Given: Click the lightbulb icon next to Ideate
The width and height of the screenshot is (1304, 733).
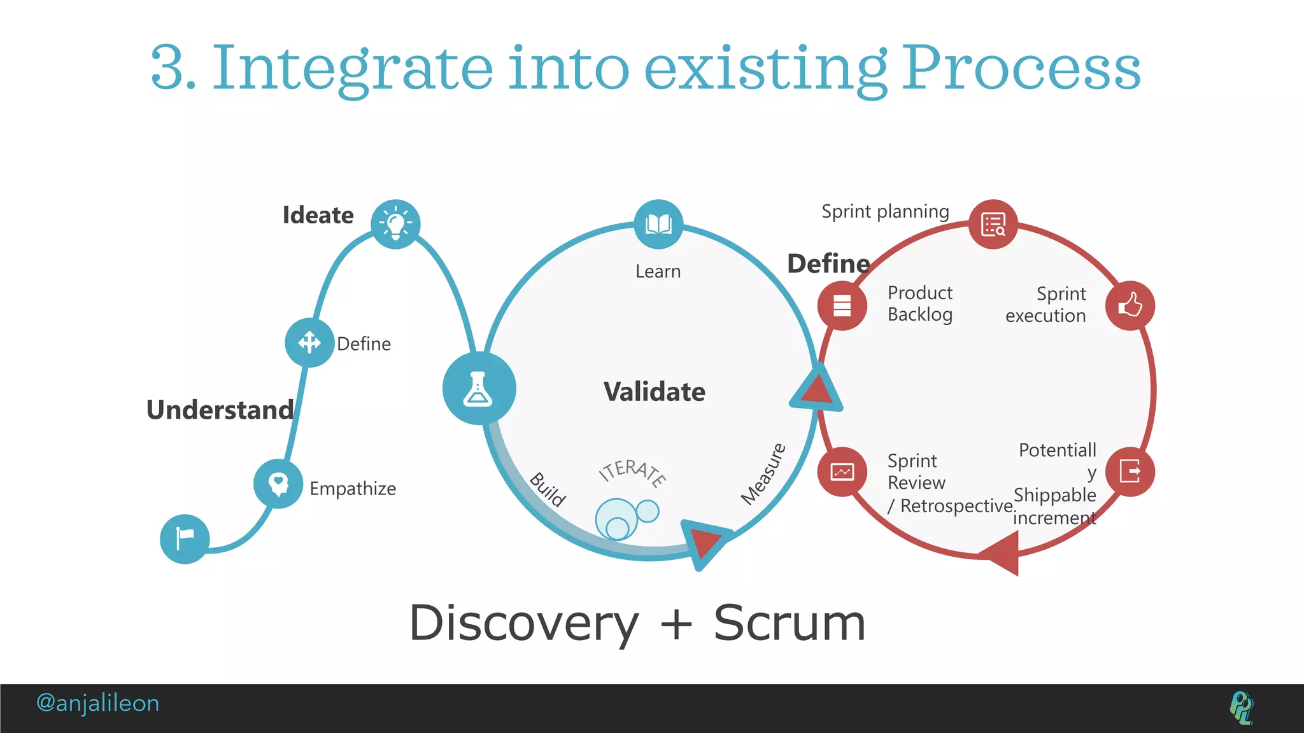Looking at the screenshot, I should click(x=395, y=224).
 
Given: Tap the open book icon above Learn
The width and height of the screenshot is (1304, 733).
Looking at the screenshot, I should click(x=658, y=224).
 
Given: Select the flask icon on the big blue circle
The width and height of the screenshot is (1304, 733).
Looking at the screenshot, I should click(x=479, y=389).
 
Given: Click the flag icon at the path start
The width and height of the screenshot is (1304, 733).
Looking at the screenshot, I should click(x=185, y=539).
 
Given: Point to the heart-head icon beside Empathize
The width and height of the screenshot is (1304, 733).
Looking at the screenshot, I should click(x=278, y=484).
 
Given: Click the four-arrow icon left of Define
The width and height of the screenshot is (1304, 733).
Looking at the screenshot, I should click(x=309, y=342).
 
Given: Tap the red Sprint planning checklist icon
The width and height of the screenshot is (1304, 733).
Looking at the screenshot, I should click(x=993, y=224).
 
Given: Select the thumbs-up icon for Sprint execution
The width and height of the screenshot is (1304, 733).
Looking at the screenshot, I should click(x=1130, y=305).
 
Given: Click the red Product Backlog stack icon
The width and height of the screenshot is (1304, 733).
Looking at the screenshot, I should click(x=842, y=305).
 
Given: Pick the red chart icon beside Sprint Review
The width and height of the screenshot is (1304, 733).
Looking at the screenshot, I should click(x=842, y=471).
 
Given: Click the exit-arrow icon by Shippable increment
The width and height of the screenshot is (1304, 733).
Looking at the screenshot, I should click(x=1130, y=471).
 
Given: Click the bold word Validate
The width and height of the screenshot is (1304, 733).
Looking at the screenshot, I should click(x=654, y=391).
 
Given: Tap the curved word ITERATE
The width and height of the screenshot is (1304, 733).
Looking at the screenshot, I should click(x=632, y=471).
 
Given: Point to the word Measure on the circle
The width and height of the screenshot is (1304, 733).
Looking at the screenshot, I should click(x=763, y=474).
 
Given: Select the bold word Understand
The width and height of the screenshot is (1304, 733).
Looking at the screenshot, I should click(x=220, y=410).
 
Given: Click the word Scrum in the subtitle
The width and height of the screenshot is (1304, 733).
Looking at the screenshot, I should click(x=789, y=623).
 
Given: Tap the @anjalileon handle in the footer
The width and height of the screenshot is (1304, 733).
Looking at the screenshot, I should click(x=97, y=703).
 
